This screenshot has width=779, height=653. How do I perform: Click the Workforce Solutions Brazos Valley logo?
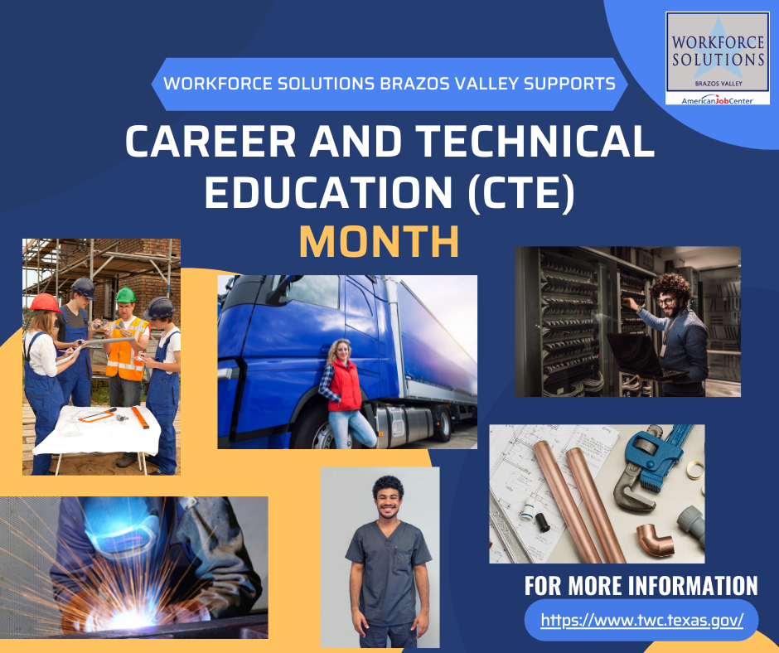[718, 58]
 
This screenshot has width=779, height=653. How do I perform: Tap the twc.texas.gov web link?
[642, 620]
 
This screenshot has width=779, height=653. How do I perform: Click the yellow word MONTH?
[379, 242]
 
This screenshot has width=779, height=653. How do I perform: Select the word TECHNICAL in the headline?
[535, 141]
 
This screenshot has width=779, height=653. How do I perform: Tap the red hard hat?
[46, 302]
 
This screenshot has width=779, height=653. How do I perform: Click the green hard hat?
[125, 295]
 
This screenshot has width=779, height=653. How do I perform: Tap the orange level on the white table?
[140, 418]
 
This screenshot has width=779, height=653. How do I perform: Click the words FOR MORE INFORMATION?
[641, 585]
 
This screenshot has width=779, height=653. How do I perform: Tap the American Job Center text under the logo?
[718, 101]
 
